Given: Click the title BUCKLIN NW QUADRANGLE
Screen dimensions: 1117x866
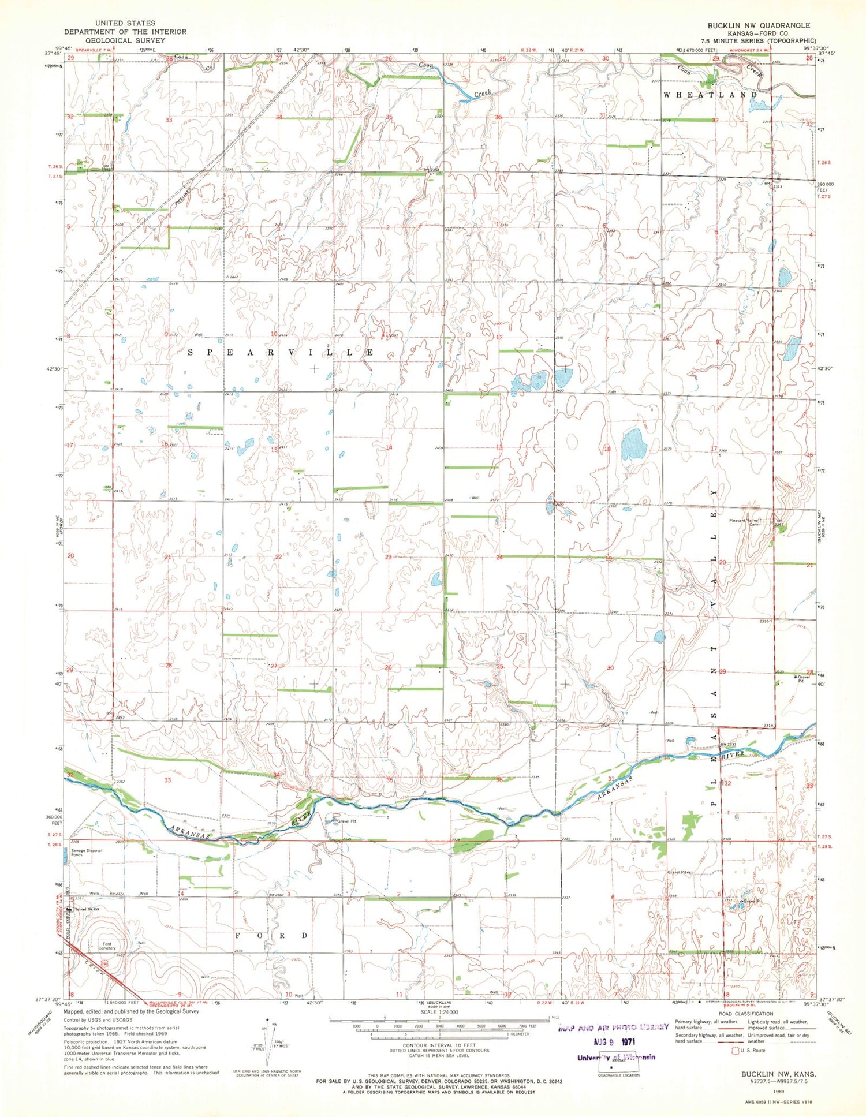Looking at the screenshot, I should point(759,25).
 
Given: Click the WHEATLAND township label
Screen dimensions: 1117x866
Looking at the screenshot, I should point(710,94).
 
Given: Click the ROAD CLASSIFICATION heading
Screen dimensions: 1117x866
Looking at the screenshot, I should point(745,1014).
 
